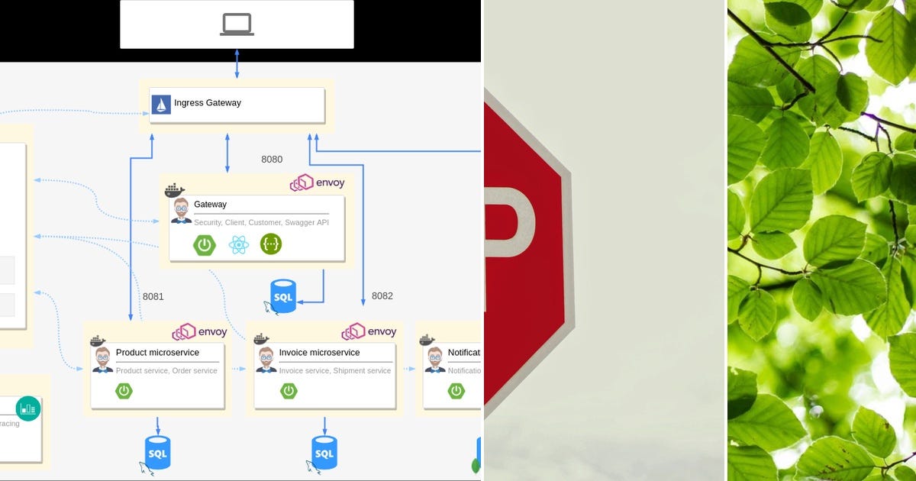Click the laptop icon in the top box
tap(237, 24)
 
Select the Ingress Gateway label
tap(208, 103)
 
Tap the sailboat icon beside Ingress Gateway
tap(161, 105)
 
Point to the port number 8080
tap(272, 160)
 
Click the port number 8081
tap(153, 296)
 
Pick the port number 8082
tap(382, 295)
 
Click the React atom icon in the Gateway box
tap(238, 244)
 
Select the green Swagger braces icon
tap(271, 244)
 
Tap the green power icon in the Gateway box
tap(204, 245)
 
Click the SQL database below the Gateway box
tap(283, 295)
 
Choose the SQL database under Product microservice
tap(157, 453)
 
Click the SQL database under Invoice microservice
tap(324, 453)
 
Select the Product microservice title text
tap(157, 353)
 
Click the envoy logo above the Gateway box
tap(318, 183)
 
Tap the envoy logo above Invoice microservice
tap(369, 331)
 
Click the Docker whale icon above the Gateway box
tap(175, 190)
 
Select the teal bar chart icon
tap(28, 408)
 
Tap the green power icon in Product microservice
tap(124, 391)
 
